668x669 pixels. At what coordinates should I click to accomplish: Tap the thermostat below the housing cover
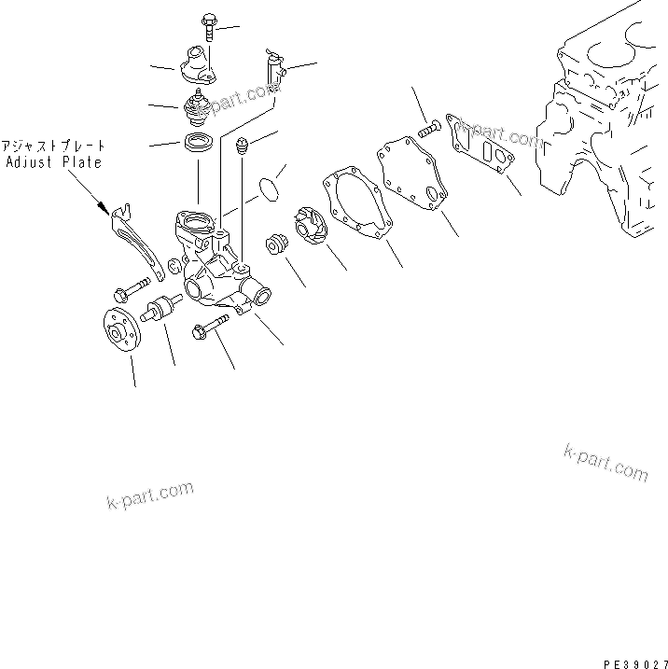[198, 108]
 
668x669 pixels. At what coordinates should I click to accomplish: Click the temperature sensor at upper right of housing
[273, 66]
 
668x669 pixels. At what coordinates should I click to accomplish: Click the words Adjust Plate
[53, 161]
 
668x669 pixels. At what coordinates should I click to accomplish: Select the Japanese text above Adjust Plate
[53, 146]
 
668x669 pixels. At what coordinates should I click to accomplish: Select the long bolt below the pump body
[212, 329]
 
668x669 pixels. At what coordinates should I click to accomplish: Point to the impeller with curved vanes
[308, 226]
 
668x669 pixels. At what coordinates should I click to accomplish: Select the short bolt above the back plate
[429, 130]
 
